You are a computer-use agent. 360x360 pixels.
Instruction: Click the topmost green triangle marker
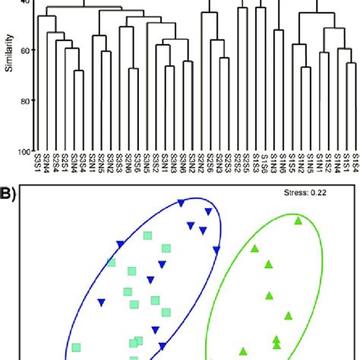coord(298,221)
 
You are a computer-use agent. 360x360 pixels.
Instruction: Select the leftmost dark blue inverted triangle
coord(101,304)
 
